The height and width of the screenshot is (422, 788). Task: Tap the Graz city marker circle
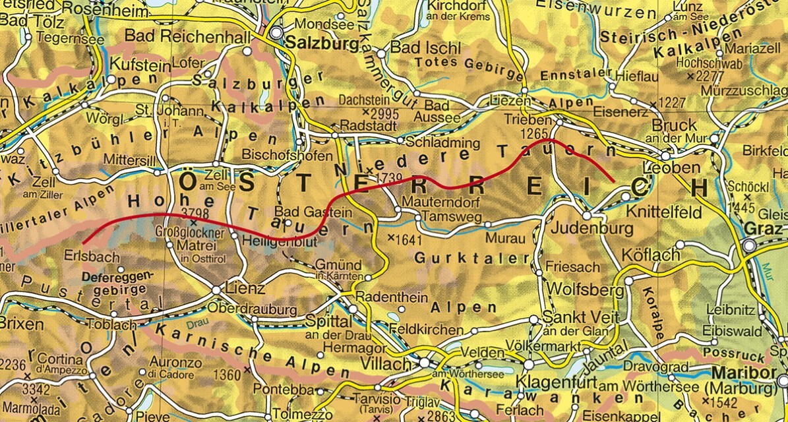coord(750,246)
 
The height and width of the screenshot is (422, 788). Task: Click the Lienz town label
coord(245,289)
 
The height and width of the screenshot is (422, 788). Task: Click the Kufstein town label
coord(136,63)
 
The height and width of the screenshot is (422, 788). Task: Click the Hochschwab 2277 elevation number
coord(706,76)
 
